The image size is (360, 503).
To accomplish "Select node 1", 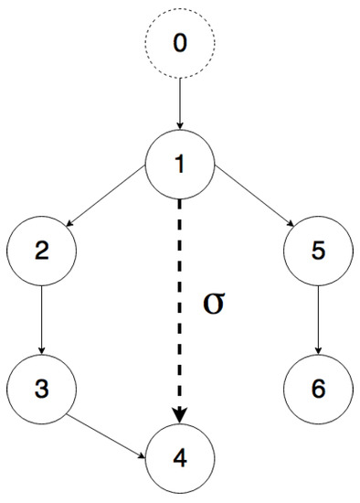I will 180,165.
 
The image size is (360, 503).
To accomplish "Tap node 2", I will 41,251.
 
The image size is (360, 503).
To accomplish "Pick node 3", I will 41,389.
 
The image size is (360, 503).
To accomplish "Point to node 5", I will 318,251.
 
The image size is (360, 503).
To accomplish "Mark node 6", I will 318,389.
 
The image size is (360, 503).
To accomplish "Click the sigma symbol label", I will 213,303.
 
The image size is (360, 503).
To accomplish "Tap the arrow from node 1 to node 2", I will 111,208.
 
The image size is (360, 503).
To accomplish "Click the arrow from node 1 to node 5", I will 249,208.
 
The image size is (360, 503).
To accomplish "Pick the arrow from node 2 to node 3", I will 41,319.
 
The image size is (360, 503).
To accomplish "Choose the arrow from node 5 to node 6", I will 318,319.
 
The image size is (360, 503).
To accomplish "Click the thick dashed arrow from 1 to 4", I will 180,302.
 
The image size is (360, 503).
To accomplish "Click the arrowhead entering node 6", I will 318,350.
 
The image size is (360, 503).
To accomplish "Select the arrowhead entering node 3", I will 41,350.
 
